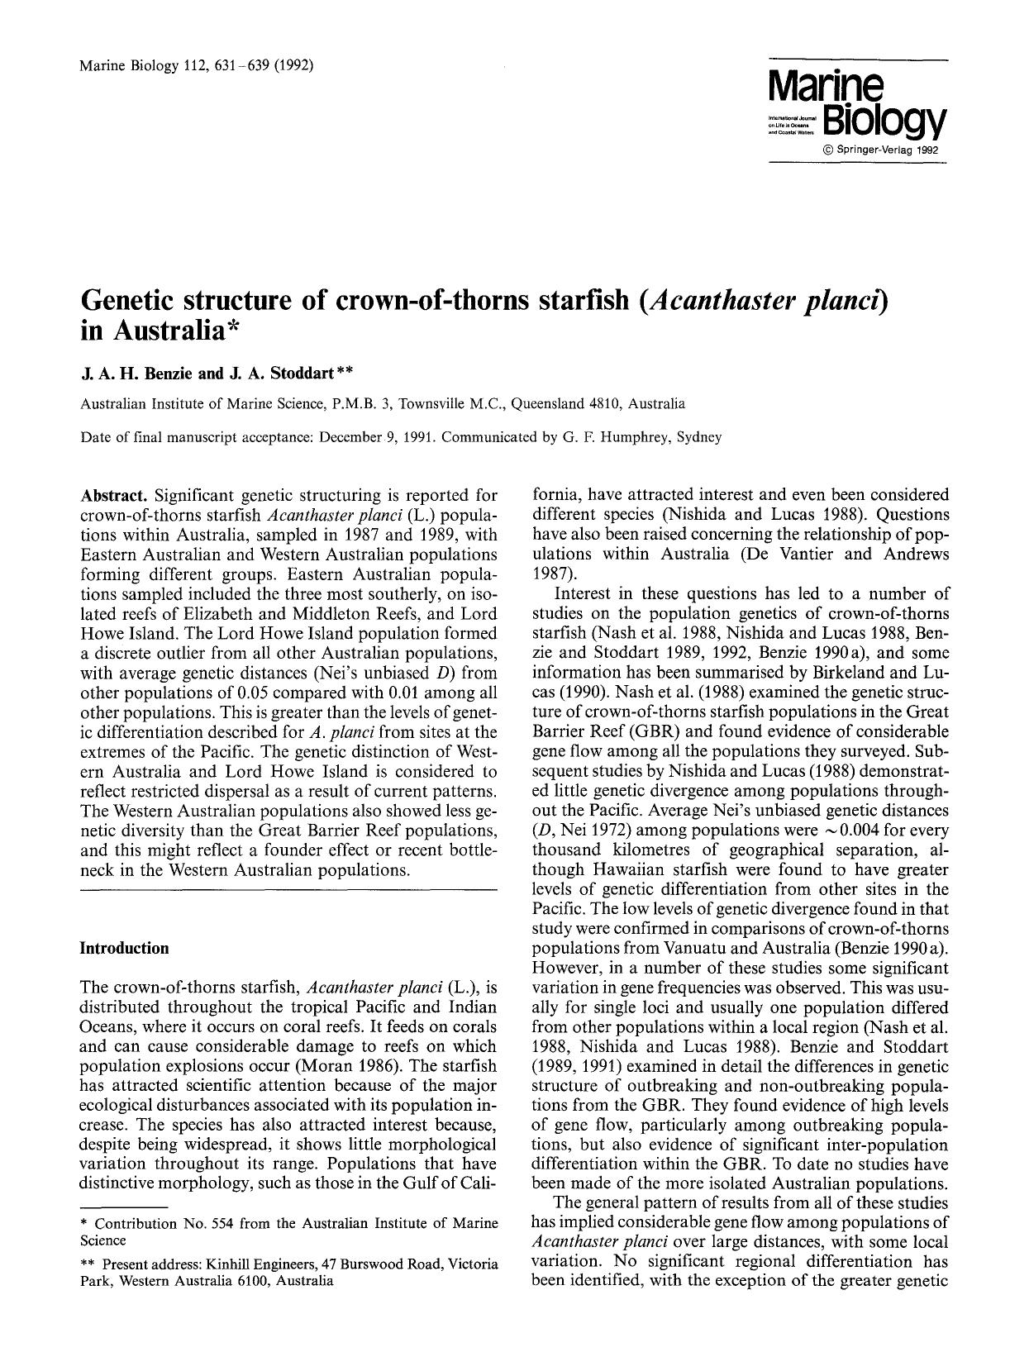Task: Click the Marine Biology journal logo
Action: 856,102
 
